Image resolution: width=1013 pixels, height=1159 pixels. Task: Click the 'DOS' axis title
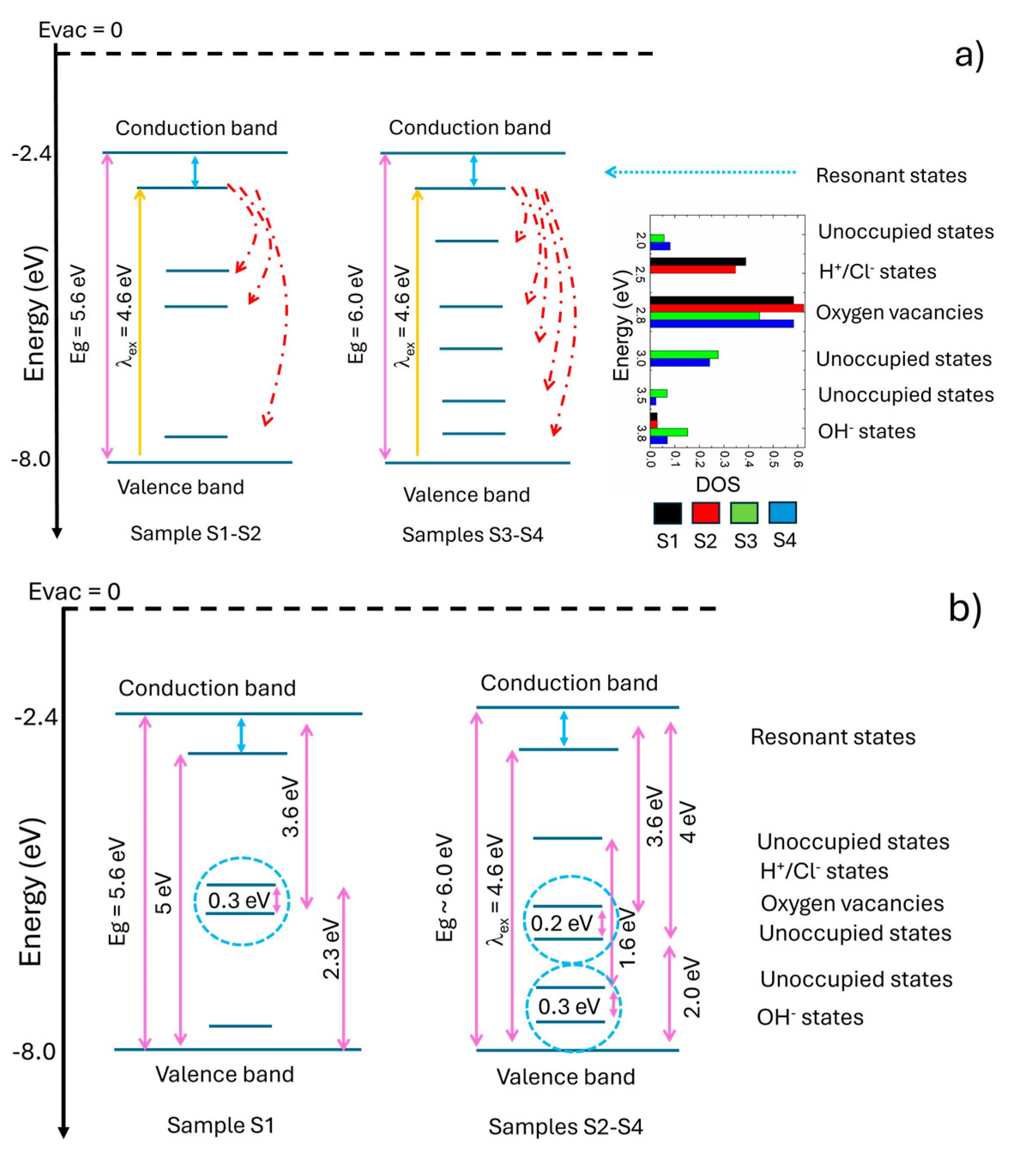coord(718,485)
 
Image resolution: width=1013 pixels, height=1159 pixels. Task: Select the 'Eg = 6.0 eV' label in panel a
coord(356,314)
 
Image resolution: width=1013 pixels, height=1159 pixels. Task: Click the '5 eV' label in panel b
coord(163,893)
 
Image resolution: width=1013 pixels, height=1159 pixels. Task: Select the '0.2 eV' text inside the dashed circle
coord(561,923)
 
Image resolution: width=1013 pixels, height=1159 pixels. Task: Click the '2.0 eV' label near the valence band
coord(691,988)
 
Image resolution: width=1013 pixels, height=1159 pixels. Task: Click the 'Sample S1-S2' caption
coord(196,533)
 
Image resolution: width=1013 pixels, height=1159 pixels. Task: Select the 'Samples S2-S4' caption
coord(565,1127)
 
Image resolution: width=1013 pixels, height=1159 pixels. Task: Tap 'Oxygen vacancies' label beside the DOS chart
coord(899,313)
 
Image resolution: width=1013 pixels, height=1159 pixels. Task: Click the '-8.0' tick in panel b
coord(34,1052)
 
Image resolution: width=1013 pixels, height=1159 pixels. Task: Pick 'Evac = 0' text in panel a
coord(80,30)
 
